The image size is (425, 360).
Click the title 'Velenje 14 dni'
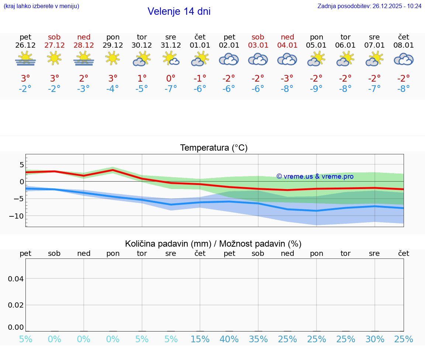[x=179, y=11]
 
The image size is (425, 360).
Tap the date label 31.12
[x=171, y=45]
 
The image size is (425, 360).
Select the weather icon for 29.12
[x=113, y=58]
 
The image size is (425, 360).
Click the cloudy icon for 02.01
[x=229, y=59]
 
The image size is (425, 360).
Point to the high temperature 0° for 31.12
[x=171, y=79]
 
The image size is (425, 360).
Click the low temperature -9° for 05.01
[x=316, y=89]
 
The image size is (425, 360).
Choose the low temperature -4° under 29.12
[x=113, y=89]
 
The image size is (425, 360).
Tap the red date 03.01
[x=258, y=45]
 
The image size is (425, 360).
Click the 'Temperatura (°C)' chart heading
[x=214, y=148]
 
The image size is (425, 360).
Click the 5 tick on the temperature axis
[x=22, y=164]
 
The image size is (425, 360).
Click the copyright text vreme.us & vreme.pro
[x=315, y=176]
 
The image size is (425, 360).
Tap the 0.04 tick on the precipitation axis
[x=16, y=279]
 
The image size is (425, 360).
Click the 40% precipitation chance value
[x=229, y=339]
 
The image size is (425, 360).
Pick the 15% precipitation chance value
[x=200, y=339]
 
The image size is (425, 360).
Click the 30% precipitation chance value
[x=375, y=339]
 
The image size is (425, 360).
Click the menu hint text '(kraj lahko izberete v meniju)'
[x=41, y=6]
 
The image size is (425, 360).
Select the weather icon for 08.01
[x=404, y=59]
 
